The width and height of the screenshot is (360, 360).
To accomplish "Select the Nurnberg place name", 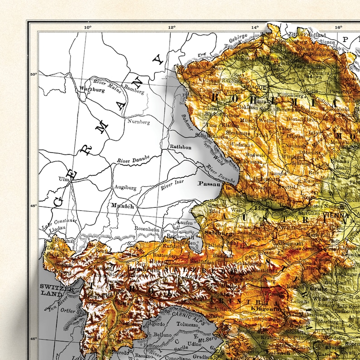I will pyautogui.click(x=138, y=122).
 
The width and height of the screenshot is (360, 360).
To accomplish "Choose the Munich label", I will pyautogui.click(x=122, y=206).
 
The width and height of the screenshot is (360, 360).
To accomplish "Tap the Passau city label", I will pyautogui.click(x=209, y=184).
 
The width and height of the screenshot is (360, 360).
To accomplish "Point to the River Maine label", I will pyautogui.click(x=105, y=84).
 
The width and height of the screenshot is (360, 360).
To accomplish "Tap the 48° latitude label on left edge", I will pyautogui.click(x=33, y=206).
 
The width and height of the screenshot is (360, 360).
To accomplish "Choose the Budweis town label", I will pyautogui.click(x=256, y=155).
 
